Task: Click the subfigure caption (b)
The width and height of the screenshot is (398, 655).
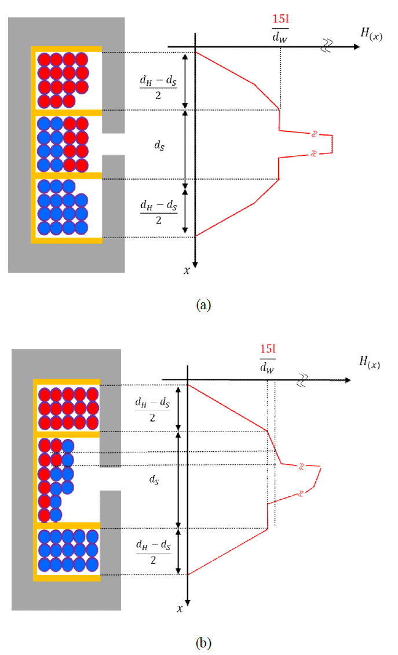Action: coord(203,642)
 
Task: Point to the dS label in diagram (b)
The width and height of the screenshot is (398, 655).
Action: coord(151,480)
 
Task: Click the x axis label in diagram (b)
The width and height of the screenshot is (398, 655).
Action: coord(180,608)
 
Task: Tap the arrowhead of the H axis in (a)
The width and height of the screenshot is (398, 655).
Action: coord(356,46)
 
